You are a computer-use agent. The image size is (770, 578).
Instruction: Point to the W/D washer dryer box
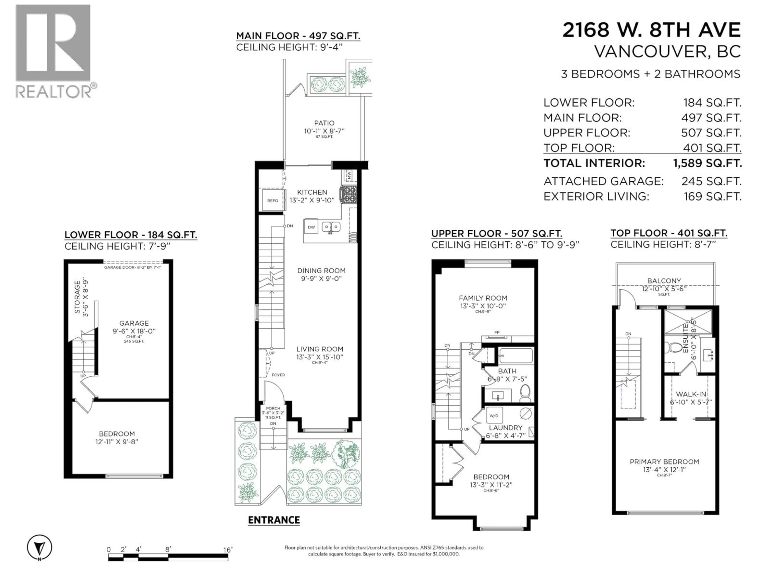[494, 416]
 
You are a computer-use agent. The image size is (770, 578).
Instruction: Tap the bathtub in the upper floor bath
[516, 356]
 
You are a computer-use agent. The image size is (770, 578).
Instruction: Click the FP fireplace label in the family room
[497, 332]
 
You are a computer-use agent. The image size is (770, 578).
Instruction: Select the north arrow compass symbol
[40, 547]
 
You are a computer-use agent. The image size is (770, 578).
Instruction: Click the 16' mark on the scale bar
[228, 550]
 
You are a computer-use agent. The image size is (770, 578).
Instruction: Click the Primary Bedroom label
[664, 462]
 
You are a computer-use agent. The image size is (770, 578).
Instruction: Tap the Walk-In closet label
[691, 394]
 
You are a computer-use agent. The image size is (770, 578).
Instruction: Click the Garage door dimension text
[133, 267]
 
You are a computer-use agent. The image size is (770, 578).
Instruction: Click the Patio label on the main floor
[324, 123]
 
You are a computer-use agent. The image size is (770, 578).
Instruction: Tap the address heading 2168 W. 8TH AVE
[651, 30]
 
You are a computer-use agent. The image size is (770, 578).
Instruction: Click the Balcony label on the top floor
[664, 281]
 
